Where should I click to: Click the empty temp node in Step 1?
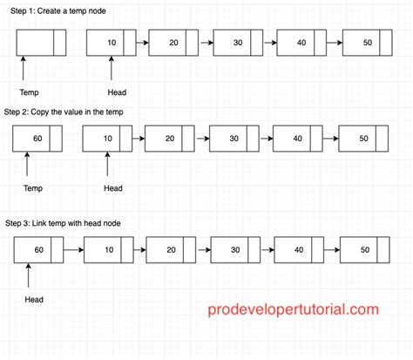click(x=41, y=42)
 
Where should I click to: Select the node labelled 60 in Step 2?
click(x=37, y=138)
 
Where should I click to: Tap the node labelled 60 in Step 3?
click(x=40, y=250)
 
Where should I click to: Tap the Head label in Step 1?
click(x=116, y=92)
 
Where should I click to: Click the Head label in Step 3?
click(x=33, y=300)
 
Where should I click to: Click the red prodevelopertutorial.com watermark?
click(x=293, y=309)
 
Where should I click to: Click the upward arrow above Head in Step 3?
click(x=30, y=276)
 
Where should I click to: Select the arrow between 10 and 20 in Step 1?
click(x=141, y=42)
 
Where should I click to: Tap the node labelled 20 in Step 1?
click(x=173, y=42)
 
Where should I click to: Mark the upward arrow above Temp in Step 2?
click(x=29, y=164)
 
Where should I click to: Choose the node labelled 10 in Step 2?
click(x=106, y=138)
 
